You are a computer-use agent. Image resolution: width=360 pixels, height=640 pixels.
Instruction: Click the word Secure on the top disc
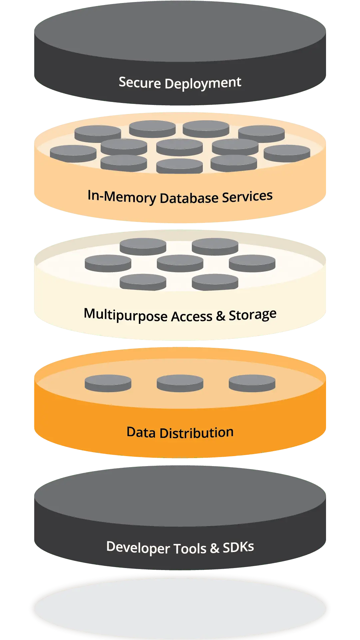pyautogui.click(x=140, y=82)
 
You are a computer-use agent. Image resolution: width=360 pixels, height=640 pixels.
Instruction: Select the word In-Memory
pyautogui.click(x=122, y=197)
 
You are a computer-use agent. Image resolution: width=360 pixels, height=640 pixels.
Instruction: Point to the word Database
pyautogui.click(x=189, y=198)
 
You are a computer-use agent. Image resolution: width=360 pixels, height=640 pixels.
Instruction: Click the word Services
pyautogui.click(x=247, y=197)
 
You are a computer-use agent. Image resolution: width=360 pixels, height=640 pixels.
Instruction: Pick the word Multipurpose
pyautogui.click(x=126, y=315)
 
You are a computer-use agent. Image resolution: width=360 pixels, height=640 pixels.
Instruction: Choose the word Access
pyautogui.click(x=191, y=317)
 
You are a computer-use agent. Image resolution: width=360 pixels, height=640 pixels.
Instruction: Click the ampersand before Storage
pyautogui.click(x=220, y=316)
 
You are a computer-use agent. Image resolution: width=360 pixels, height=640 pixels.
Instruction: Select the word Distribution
pyautogui.click(x=196, y=433)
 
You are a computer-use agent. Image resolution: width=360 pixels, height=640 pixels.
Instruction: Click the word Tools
pyautogui.click(x=190, y=548)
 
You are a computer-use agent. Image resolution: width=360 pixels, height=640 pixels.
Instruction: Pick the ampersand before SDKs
pyautogui.click(x=214, y=548)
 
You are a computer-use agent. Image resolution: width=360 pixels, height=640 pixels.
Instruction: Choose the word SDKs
pyautogui.click(x=238, y=547)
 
